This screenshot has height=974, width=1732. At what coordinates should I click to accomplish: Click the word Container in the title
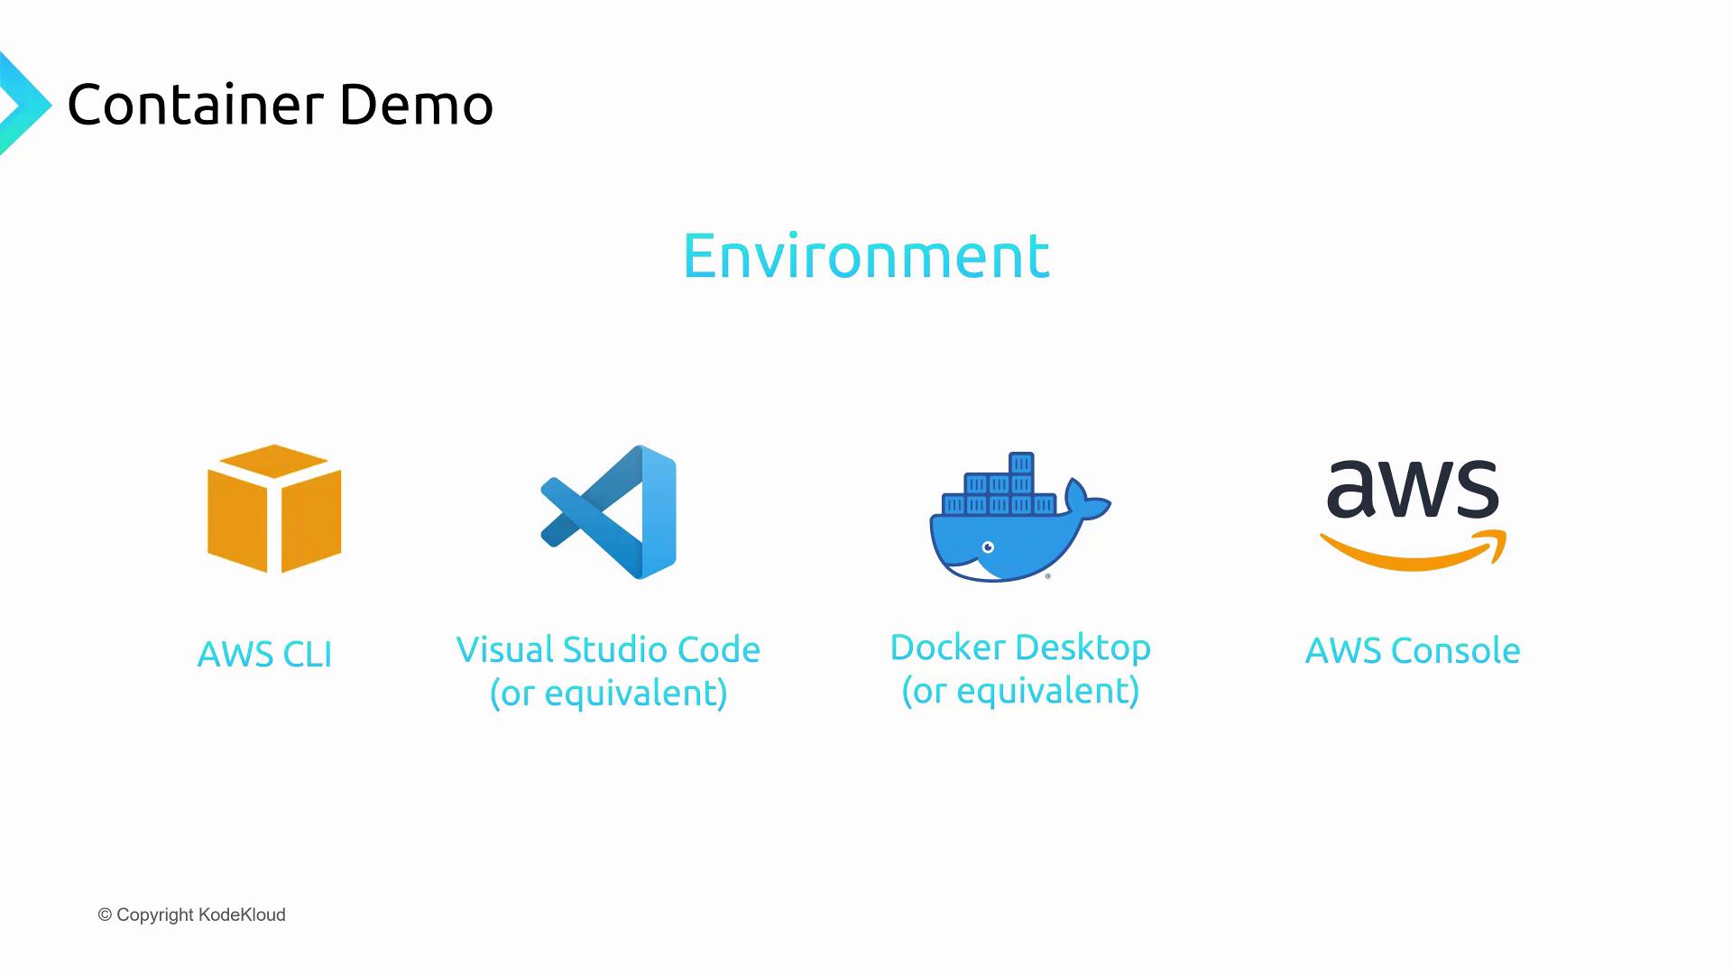(x=195, y=104)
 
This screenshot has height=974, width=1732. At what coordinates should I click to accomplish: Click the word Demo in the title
(x=416, y=104)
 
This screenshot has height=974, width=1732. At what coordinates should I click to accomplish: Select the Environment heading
(x=866, y=255)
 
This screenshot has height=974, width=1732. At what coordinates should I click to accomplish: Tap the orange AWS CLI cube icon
(x=274, y=509)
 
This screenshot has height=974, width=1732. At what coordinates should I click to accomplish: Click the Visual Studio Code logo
(x=608, y=511)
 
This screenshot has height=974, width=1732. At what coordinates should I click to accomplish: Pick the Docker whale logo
(x=1020, y=517)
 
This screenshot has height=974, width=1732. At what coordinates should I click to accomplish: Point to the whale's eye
(x=988, y=547)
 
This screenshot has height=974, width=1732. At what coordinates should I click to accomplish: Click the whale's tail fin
(x=1087, y=500)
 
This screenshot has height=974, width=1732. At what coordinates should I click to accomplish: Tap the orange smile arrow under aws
(x=1413, y=550)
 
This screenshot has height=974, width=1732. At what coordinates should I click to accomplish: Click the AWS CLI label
(x=264, y=654)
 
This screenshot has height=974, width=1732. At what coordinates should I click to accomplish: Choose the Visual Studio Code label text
(x=608, y=649)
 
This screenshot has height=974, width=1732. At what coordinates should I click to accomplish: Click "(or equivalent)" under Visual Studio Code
(x=608, y=693)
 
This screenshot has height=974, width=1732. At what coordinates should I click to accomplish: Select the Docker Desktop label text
(x=1020, y=647)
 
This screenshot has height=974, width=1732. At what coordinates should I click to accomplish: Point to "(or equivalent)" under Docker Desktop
(x=1020, y=690)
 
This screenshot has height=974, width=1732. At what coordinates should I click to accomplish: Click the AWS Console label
(x=1413, y=650)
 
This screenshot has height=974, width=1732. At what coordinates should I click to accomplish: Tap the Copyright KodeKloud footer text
(x=191, y=914)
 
